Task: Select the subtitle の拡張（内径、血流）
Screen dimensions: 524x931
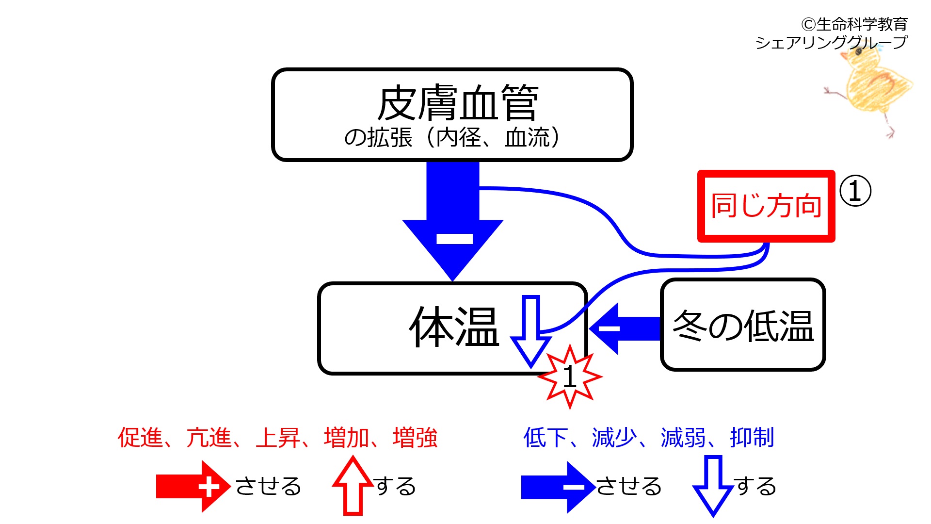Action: click(x=451, y=138)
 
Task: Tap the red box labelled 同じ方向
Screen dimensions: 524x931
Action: click(x=766, y=206)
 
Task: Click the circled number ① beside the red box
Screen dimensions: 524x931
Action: click(x=855, y=191)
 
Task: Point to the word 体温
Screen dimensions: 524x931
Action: click(x=454, y=327)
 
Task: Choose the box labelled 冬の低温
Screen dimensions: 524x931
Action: click(x=743, y=325)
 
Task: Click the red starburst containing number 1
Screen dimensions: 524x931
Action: click(x=570, y=377)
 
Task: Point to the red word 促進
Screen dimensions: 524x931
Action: click(x=140, y=438)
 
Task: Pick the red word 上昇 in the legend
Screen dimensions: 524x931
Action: click(x=278, y=438)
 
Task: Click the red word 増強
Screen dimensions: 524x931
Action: click(x=415, y=438)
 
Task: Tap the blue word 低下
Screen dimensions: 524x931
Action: click(x=546, y=438)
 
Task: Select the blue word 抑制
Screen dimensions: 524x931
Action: click(x=752, y=438)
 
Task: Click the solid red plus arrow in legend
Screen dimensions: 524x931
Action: click(x=193, y=487)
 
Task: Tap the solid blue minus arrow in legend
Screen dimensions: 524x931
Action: click(x=558, y=487)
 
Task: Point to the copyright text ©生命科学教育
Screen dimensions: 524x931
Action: click(x=854, y=24)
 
